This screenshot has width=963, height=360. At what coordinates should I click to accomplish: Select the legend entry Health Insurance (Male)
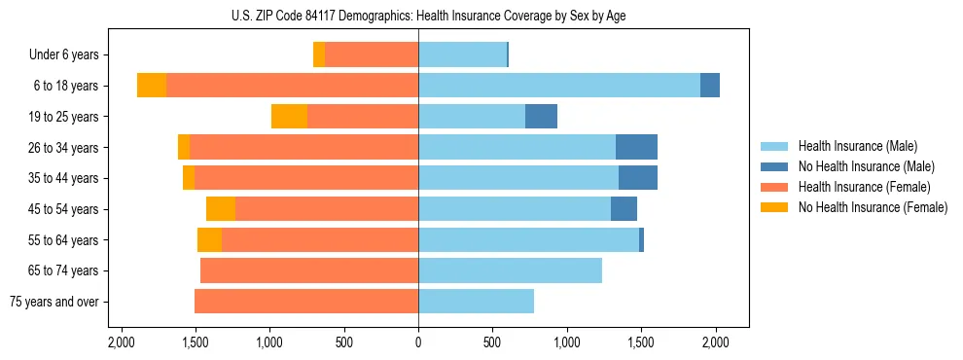pos(857,146)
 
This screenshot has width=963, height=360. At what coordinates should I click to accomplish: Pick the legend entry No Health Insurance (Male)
pos(866,166)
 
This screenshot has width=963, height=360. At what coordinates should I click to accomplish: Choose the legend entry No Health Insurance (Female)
pos(872,207)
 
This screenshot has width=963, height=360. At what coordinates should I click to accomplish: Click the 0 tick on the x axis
pos(418,342)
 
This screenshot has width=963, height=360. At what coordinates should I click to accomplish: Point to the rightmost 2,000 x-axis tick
pos(715,342)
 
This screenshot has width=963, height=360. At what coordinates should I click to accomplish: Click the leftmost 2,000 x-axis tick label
pos(121,342)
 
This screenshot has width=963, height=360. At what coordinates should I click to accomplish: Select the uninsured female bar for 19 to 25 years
pos(289,117)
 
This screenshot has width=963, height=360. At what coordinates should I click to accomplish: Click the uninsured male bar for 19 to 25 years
pos(541,117)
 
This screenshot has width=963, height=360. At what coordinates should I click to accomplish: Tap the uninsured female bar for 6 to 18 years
pos(152,86)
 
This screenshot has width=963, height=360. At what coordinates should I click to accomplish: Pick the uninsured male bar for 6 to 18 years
pos(710,86)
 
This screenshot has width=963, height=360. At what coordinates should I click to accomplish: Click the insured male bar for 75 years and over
pos(476,302)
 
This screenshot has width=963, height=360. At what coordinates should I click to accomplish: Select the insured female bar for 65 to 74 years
pos(309,270)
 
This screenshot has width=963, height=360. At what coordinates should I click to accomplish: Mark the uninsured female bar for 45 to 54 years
pos(221,209)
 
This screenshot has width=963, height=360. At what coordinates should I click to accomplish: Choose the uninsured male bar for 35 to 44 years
pos(638,178)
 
